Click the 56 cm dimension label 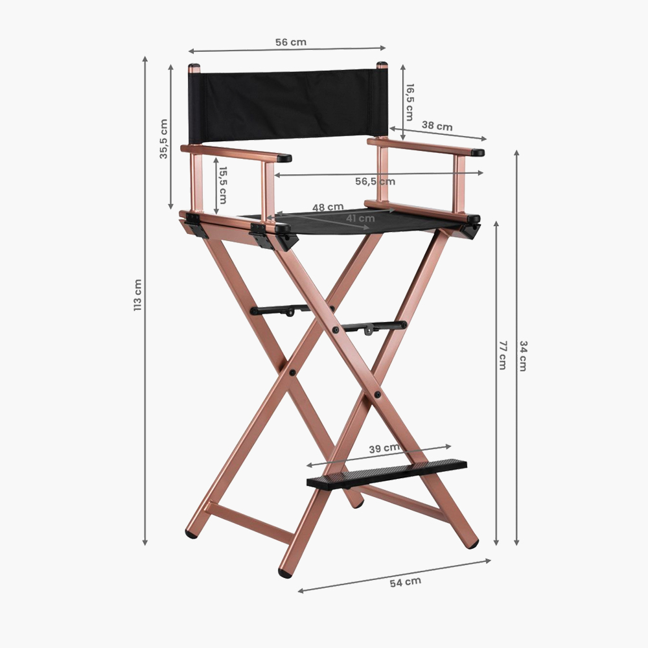click(291, 42)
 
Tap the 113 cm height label click(137, 295)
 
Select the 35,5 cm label click(164, 139)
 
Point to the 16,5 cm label click(410, 102)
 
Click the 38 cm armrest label click(437, 126)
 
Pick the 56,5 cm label click(375, 181)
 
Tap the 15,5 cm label click(223, 185)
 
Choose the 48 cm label click(328, 207)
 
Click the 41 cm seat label click(360, 218)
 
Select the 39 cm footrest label click(384, 448)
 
